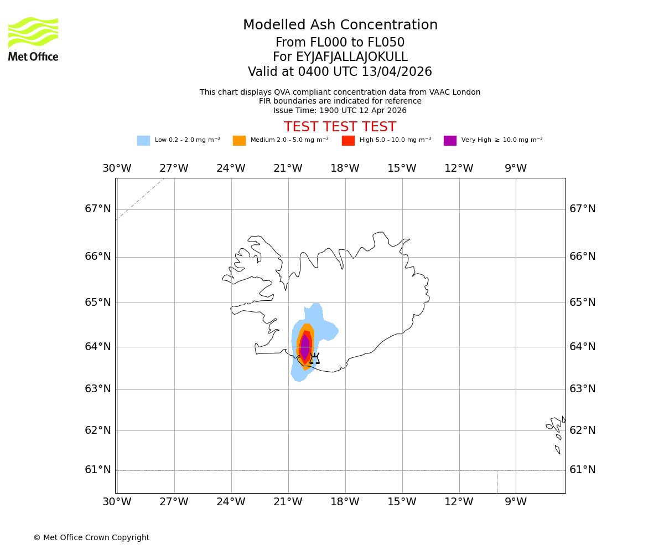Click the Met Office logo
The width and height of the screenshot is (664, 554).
click(x=33, y=39)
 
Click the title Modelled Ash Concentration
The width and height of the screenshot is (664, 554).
click(x=340, y=25)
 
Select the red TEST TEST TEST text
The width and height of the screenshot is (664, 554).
click(x=340, y=127)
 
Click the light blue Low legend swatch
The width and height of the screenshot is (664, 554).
click(x=143, y=141)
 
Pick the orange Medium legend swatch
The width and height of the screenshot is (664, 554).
click(x=239, y=141)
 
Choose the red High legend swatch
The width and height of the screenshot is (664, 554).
click(x=348, y=141)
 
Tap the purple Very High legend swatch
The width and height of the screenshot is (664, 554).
click(x=450, y=141)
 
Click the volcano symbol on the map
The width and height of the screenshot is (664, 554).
click(x=314, y=359)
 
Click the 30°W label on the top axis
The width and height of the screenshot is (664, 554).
click(x=117, y=168)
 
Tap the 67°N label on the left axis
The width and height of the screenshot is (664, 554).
click(x=98, y=209)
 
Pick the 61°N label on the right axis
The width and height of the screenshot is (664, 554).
click(x=583, y=470)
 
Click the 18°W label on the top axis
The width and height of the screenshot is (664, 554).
click(x=345, y=168)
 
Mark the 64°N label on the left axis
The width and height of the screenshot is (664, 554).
click(x=98, y=347)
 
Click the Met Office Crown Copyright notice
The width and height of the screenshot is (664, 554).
click(x=91, y=538)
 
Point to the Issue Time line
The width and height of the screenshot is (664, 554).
click(x=340, y=110)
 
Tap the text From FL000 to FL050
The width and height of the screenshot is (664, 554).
click(x=340, y=43)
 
